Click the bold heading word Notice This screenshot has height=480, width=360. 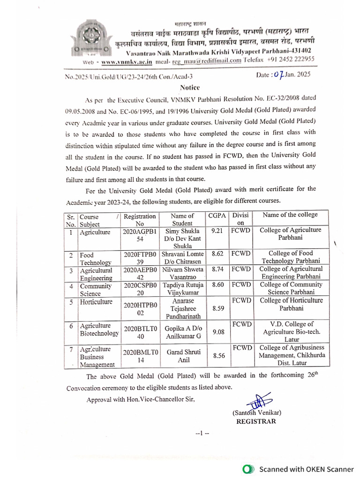pyautogui.click(x=190, y=88)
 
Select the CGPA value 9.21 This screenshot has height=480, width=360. pyautogui.click(x=217, y=231)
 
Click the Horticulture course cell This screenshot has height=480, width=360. pyautogui.click(x=96, y=302)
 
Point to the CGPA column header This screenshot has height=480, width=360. pyautogui.click(x=216, y=216)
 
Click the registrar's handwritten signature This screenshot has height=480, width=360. pyautogui.click(x=256, y=403)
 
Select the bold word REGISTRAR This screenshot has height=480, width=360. pyautogui.click(x=256, y=421)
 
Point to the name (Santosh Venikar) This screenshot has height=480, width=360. pyautogui.click(x=256, y=413)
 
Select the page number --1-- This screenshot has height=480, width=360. pyautogui.click(x=202, y=434)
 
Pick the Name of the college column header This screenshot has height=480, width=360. pyautogui.click(x=290, y=215)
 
